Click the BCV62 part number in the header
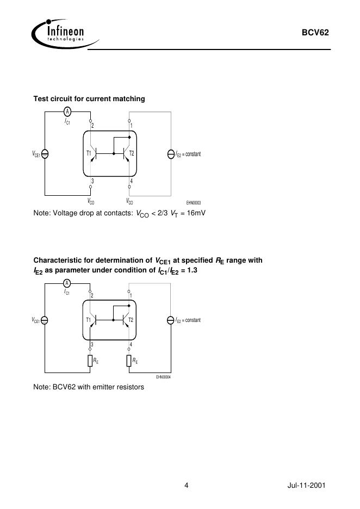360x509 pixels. [x=315, y=33]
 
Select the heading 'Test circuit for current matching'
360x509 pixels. [x=89, y=98]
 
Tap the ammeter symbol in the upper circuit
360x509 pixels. [x=67, y=111]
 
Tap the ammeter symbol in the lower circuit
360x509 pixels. [x=67, y=283]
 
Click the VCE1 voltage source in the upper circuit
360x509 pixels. [x=45, y=154]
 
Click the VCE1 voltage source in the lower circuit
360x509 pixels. [x=45, y=320]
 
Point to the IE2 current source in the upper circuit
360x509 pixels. [x=171, y=154]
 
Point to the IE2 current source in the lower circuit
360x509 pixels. [x=171, y=320]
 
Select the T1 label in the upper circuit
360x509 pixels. [x=89, y=154]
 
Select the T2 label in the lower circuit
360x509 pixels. [x=131, y=320]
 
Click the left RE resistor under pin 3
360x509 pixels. [x=90, y=361]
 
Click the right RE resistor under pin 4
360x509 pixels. [x=129, y=361]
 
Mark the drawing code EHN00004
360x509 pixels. [x=163, y=377]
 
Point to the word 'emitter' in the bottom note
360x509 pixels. [x=110, y=387]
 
